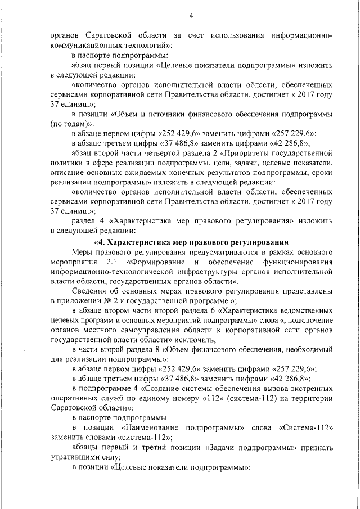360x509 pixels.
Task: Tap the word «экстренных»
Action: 309,388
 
